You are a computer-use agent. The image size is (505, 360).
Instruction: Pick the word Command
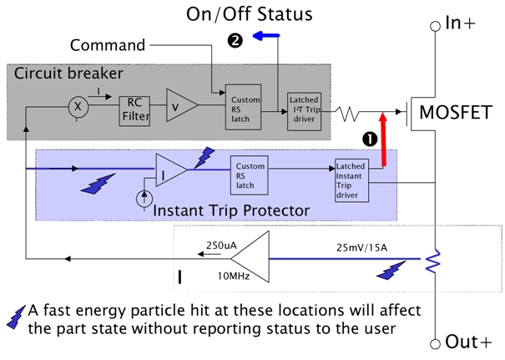coord(107,44)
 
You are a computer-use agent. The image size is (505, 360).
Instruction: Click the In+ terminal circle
coord(434,26)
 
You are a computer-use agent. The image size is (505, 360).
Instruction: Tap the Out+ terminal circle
coord(434,342)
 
